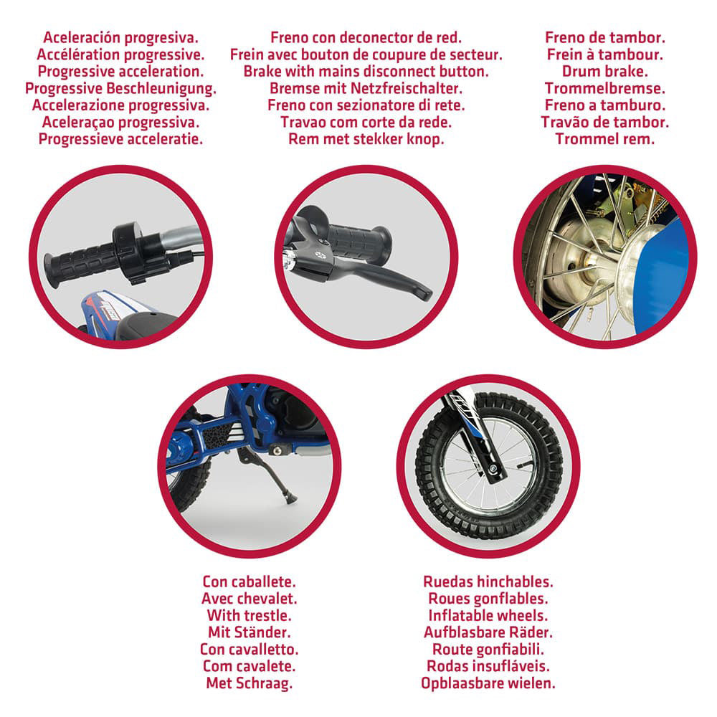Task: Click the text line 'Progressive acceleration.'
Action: point(120,72)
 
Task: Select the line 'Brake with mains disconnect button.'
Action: point(366,72)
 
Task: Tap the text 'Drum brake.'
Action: point(605,72)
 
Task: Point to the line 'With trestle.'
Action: point(250,615)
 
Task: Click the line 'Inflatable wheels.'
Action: point(488,615)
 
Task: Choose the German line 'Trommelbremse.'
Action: point(605,89)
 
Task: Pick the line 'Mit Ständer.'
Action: point(250,632)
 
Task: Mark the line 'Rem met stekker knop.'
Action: point(366,139)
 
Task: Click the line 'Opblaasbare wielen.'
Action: point(488,683)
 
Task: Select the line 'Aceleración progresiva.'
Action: point(120,38)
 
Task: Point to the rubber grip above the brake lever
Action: point(359,242)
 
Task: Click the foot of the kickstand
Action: point(290,499)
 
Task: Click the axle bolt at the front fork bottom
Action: point(493,469)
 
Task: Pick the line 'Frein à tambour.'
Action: point(605,55)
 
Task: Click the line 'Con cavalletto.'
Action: point(250,650)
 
